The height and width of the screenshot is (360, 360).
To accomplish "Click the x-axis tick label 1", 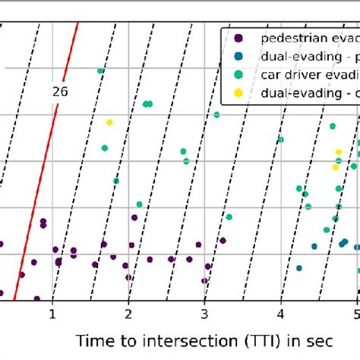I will [52, 314].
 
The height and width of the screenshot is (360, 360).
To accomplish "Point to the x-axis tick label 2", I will [128, 314].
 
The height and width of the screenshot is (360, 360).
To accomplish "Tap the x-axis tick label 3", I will [205, 314].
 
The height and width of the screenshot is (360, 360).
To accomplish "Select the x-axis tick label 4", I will [281, 314].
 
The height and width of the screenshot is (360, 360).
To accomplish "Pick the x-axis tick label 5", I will [355, 314].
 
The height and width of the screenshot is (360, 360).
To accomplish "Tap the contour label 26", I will [60, 91].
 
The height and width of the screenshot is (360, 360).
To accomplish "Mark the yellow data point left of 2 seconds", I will [109, 122].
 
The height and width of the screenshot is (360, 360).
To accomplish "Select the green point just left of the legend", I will [217, 115].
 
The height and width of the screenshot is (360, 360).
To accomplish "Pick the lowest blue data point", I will [299, 268].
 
